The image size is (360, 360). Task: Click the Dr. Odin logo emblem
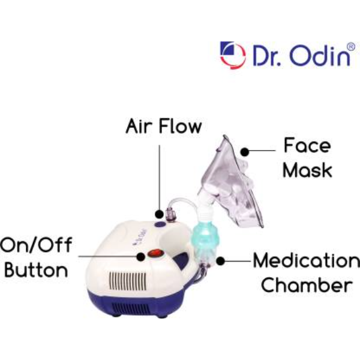click(x=233, y=55)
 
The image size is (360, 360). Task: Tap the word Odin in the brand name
click(x=320, y=56)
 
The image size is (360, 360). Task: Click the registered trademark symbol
click(x=351, y=47)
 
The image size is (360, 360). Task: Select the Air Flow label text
click(x=164, y=126)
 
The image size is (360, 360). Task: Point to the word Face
click(x=307, y=145)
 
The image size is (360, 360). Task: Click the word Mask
click(x=307, y=170)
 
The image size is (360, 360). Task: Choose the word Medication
click(x=307, y=260)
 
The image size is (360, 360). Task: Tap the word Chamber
click(x=307, y=284)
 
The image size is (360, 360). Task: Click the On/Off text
click(x=36, y=245)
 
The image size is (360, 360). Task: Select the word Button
click(x=36, y=270)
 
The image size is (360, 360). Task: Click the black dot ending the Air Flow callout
click(x=159, y=214)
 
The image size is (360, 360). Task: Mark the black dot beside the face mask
click(x=245, y=152)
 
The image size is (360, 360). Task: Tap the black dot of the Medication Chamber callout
click(x=220, y=261)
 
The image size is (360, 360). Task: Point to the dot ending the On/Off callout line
click(x=141, y=256)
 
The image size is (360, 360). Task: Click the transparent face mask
click(x=232, y=184)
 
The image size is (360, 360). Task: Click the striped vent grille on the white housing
click(x=128, y=281)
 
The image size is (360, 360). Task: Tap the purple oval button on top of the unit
click(x=160, y=224)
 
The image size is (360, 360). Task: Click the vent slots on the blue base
click(x=131, y=308)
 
